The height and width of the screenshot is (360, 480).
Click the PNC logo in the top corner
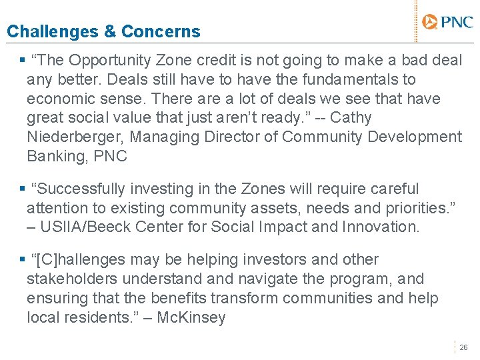pyautogui.click(x=448, y=23)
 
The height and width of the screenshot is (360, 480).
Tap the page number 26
pyautogui.click(x=464, y=347)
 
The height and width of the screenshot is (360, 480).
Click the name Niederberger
pyautogui.click(x=75, y=137)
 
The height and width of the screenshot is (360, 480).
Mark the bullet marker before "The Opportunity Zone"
pyautogui.click(x=23, y=60)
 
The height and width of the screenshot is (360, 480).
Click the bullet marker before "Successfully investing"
pyautogui.click(x=23, y=189)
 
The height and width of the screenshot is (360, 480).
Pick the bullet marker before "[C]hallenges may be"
pyautogui.click(x=23, y=260)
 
